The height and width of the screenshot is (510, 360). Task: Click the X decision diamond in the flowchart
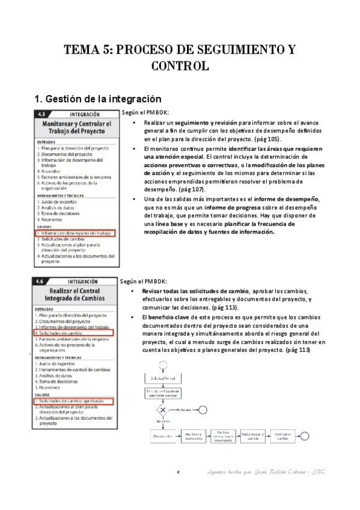tap(160, 409)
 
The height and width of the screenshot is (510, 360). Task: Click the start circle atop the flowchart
tap(160, 365)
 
